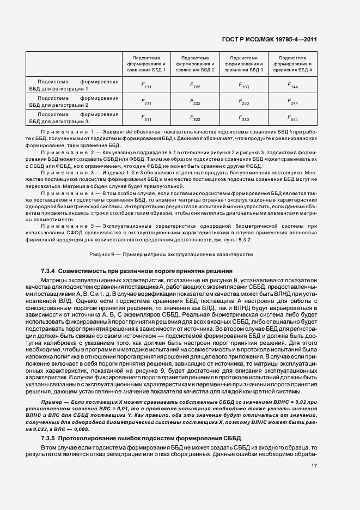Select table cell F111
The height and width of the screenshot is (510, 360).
click(147, 86)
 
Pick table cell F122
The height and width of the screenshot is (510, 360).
click(195, 86)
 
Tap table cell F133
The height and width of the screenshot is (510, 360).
click(244, 86)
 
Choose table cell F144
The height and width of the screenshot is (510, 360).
click(292, 86)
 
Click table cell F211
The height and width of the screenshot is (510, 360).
click(147, 101)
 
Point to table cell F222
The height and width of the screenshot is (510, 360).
click(195, 101)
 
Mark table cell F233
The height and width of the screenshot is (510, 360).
click(244, 101)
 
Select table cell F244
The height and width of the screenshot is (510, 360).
click(292, 101)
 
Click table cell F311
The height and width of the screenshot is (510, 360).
click(147, 118)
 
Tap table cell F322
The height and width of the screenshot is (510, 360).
click(195, 118)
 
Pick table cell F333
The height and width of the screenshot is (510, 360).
click(244, 118)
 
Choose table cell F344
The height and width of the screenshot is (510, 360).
click(292, 118)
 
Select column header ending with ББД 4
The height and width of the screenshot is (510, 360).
click(292, 64)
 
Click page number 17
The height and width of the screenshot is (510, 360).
click(314, 466)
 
